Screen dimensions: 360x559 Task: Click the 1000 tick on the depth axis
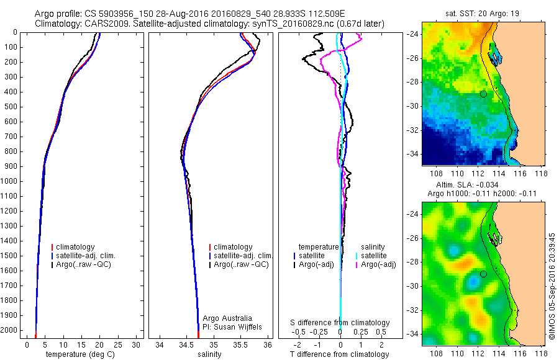pyautogui.click(x=12, y=181)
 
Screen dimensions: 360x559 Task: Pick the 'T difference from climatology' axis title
pyautogui.click(x=340, y=354)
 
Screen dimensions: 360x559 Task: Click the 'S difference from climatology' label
pyautogui.click(x=340, y=323)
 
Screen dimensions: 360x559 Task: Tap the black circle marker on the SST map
pyautogui.click(x=483, y=94)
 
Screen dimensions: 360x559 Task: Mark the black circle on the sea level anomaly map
pyautogui.click(x=483, y=274)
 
